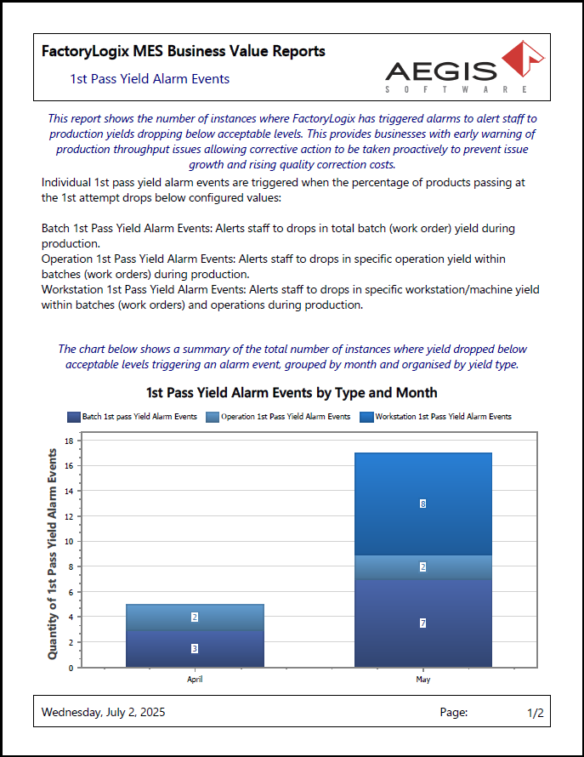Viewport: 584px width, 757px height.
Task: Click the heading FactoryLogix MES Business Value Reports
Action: tap(183, 51)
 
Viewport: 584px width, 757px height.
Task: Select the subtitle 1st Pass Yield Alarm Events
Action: tap(150, 79)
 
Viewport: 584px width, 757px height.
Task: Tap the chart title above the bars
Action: tap(292, 392)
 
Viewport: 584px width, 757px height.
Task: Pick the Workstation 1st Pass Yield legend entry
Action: tap(436, 417)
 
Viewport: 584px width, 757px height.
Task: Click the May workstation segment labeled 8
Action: tap(422, 504)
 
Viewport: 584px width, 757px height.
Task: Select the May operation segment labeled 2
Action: tap(422, 567)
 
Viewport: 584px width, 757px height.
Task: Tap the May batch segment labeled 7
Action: tap(422, 623)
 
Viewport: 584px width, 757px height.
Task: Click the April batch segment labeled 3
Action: tap(195, 648)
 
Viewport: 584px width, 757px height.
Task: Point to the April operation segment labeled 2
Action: tap(195, 618)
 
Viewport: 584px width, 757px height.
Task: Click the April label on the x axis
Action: tap(195, 679)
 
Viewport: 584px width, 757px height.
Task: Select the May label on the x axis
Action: tap(422, 679)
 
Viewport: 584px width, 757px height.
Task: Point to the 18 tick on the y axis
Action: tap(69, 441)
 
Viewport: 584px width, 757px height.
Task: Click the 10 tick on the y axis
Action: tap(69, 541)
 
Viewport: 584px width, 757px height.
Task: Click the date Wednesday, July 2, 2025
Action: tap(103, 713)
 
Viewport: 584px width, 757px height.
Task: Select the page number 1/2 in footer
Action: tap(535, 713)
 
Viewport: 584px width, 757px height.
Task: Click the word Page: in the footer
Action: tap(453, 713)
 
